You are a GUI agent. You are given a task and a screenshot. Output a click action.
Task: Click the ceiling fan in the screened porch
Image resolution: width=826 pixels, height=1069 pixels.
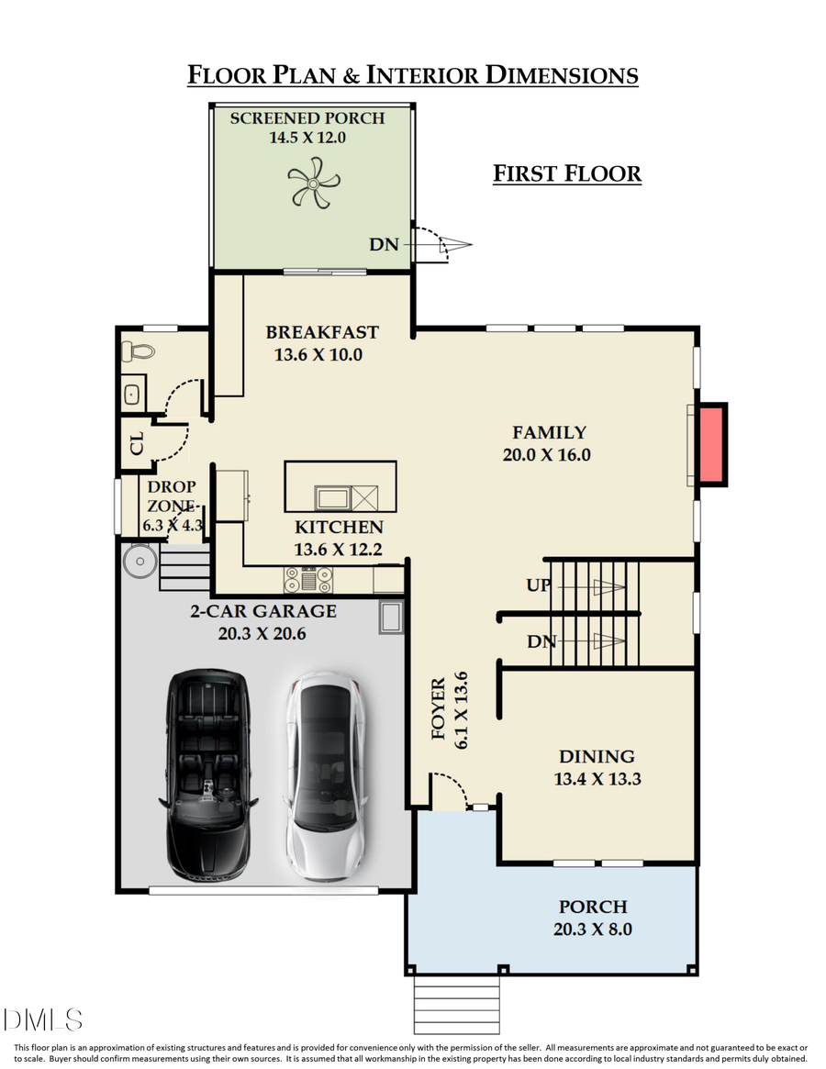[x=312, y=183]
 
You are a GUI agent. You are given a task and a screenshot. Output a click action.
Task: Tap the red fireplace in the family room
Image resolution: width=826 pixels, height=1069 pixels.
[x=711, y=444]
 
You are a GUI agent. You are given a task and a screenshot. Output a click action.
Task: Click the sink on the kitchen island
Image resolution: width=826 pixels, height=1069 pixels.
[x=331, y=498]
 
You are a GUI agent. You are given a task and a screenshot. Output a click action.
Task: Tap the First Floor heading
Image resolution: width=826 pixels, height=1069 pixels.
[x=566, y=173]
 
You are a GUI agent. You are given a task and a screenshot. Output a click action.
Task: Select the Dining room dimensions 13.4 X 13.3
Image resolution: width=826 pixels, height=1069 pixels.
[x=597, y=779]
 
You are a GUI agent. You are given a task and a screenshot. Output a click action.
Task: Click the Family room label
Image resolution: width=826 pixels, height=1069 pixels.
[x=549, y=433]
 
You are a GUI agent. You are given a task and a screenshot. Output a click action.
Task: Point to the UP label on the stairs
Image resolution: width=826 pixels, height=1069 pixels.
[x=539, y=585]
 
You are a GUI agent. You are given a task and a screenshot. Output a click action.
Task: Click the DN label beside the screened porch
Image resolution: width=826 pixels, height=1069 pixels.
[x=384, y=245]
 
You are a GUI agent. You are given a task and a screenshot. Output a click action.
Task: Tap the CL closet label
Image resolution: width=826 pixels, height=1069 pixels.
[x=137, y=445]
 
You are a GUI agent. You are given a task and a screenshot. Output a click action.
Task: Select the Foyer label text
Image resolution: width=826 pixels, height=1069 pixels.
[x=439, y=708]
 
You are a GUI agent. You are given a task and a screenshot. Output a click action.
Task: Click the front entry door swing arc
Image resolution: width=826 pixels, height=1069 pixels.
[x=450, y=789]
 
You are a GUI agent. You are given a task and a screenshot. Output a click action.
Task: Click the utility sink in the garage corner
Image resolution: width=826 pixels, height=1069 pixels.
[x=391, y=618]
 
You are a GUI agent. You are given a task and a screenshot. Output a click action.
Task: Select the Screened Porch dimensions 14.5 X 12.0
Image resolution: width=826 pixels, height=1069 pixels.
[x=307, y=138]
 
